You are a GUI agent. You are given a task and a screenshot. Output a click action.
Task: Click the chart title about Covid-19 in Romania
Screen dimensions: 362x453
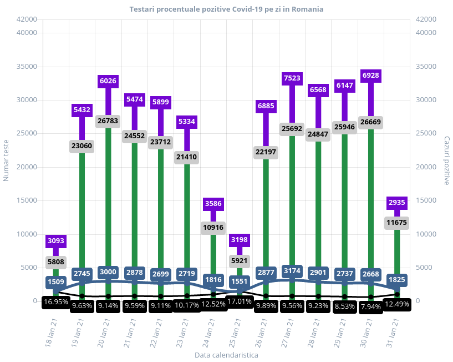(x=226, y=9)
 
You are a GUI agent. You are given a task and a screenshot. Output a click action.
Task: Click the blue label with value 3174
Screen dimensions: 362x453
(x=292, y=271)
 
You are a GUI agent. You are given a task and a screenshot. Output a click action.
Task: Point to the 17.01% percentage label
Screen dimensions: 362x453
(x=240, y=301)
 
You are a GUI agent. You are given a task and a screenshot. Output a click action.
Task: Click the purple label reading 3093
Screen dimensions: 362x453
(x=56, y=241)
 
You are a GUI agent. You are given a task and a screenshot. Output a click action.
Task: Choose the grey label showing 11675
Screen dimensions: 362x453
(x=397, y=223)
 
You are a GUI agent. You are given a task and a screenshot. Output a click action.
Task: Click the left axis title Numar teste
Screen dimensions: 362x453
(x=7, y=159)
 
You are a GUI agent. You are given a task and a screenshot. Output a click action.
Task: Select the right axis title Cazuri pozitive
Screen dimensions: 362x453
(x=446, y=160)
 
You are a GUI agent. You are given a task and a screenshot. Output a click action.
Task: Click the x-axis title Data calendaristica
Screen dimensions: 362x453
(x=226, y=354)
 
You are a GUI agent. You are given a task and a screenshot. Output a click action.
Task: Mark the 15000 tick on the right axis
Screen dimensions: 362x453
(x=425, y=200)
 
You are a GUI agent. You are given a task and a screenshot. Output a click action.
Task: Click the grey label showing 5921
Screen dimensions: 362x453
(x=240, y=260)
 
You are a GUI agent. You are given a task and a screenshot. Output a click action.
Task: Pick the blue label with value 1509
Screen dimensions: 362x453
(x=56, y=281)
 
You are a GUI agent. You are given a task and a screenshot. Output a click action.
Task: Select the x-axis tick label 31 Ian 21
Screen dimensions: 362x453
(x=395, y=333)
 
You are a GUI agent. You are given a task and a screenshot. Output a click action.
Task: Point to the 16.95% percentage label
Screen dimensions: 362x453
(x=56, y=302)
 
